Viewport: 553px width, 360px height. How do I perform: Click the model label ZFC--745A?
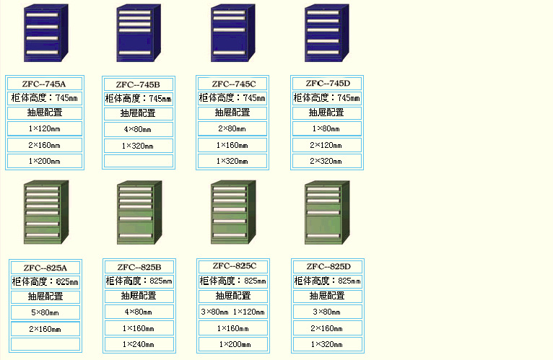pos(45,84)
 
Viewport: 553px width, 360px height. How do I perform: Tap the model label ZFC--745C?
pos(232,84)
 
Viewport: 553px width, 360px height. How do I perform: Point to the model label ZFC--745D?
pos(326,83)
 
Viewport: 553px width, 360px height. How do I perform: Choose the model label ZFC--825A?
pos(45,268)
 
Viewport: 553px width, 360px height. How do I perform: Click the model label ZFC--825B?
pos(139,267)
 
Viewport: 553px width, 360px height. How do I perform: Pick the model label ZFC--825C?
pos(232,265)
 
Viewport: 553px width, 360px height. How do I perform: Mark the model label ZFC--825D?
pos(326,266)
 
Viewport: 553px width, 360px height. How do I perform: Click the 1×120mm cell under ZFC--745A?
pos(45,128)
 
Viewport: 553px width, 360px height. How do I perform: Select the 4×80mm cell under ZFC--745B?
pos(139,129)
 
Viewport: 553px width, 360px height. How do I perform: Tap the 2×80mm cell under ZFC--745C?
pos(232,128)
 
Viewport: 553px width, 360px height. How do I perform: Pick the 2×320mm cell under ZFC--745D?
pos(326,161)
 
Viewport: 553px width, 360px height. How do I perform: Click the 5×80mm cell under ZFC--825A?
pos(45,312)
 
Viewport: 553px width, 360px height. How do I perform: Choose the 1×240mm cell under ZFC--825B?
pos(139,344)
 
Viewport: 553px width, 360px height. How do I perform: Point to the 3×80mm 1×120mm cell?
pos(232,312)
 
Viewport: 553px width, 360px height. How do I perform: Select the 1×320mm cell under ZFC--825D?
pos(326,344)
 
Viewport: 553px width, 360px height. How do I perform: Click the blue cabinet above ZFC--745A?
pos(45,34)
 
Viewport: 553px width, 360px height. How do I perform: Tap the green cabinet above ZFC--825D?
pos(326,214)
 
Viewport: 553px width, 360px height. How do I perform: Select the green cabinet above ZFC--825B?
pos(139,214)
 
